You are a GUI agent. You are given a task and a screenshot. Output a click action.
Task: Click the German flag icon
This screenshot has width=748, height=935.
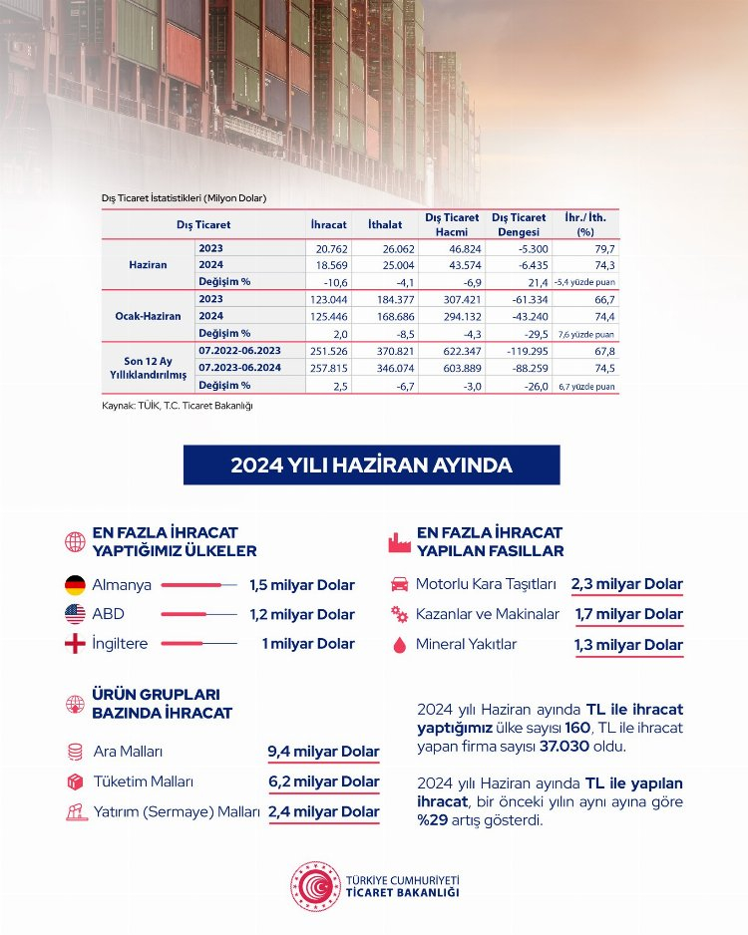[x=75, y=585]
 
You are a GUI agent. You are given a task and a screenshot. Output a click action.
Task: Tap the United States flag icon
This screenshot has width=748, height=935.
[x=75, y=614]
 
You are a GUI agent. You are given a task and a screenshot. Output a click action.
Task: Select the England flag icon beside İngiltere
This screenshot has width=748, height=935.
[x=75, y=644]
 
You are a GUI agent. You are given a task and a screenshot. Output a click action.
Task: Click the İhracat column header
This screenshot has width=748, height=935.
[x=328, y=225]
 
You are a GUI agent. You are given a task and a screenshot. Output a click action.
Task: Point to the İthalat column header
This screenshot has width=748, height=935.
[x=384, y=225]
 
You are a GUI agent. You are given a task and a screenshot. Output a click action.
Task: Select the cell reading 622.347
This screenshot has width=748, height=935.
[x=450, y=350]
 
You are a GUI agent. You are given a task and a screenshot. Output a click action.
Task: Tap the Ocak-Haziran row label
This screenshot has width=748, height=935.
[x=148, y=315]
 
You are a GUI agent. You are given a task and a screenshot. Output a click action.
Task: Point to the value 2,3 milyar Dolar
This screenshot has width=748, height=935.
[x=627, y=585]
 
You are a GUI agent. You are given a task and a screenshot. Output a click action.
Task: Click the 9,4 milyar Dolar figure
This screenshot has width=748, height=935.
[x=323, y=752]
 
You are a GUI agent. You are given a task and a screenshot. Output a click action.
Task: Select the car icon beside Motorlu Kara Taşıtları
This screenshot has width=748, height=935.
[x=399, y=584]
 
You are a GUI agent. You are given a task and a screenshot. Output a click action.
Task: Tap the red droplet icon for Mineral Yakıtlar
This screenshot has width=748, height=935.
[x=399, y=645]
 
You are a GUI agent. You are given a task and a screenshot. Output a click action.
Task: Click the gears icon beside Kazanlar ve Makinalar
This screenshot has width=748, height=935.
[x=399, y=614]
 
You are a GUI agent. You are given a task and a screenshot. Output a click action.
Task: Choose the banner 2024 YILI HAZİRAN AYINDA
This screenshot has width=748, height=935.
[x=371, y=466]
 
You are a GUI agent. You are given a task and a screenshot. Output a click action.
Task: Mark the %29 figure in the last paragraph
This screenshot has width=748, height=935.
[x=434, y=820]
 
